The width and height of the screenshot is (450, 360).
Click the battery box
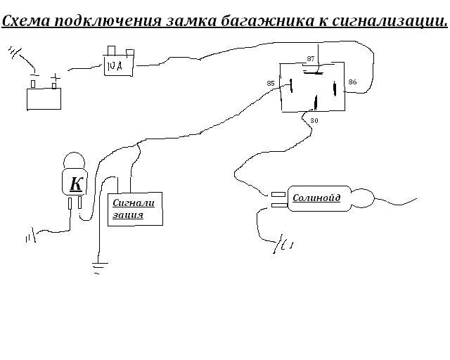click(x=44, y=99)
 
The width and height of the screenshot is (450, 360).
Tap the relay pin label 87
click(x=311, y=57)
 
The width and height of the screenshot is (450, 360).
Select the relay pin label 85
click(x=271, y=84)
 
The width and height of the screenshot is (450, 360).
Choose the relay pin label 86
click(x=352, y=82)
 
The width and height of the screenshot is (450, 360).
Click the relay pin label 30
click(x=314, y=120)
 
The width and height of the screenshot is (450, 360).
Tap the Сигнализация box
click(x=135, y=209)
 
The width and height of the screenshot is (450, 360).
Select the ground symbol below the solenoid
click(x=283, y=245)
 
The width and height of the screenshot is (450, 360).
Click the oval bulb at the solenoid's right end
click(x=364, y=198)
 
